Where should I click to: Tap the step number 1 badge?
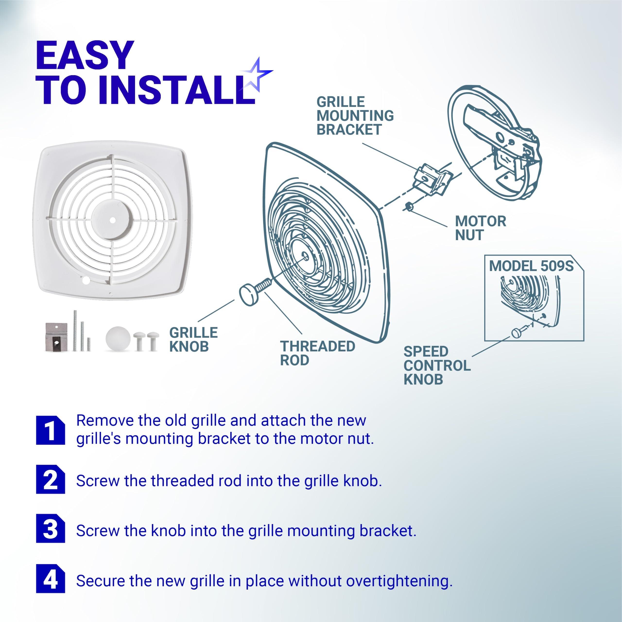pyautogui.click(x=50, y=430)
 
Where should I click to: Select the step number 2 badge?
pyautogui.click(x=50, y=479)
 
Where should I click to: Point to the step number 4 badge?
pyautogui.click(x=50, y=578)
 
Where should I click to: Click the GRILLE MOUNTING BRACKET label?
pyautogui.click(x=355, y=116)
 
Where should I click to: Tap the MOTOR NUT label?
pyautogui.click(x=480, y=228)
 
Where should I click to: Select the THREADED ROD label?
pyautogui.click(x=318, y=353)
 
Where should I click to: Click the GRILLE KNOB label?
pyautogui.click(x=193, y=340)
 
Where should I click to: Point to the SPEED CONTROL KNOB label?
pyautogui.click(x=437, y=365)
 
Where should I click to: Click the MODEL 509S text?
pyautogui.click(x=531, y=266)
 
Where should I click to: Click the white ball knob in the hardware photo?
pyautogui.click(x=118, y=338)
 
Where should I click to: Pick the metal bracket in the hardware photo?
pyautogui.click(x=56, y=337)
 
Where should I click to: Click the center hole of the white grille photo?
pyautogui.click(x=112, y=220)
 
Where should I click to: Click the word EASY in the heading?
pyautogui.click(x=85, y=55)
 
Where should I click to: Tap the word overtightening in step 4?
pyautogui.click(x=399, y=581)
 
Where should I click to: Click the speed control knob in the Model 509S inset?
pyautogui.click(x=516, y=333)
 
